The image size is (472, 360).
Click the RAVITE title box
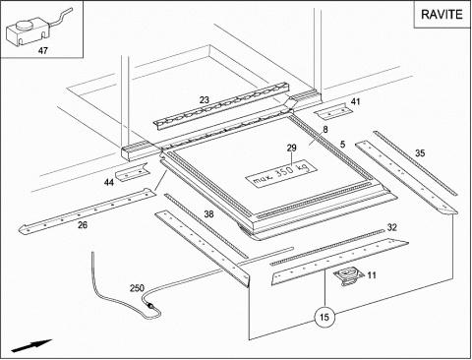tap(442, 15)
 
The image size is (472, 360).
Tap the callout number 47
tap(43, 51)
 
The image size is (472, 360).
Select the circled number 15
tap(324, 317)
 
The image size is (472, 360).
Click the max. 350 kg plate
tap(281, 174)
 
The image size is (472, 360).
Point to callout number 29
tap(291, 148)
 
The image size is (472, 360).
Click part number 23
tap(205, 100)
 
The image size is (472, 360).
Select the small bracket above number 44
tap(132, 172)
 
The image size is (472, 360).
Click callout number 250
tap(137, 288)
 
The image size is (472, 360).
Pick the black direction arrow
tap(31, 346)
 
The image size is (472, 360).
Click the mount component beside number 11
tap(348, 276)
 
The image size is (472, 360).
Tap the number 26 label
tap(83, 225)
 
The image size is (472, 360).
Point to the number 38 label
tap(208, 214)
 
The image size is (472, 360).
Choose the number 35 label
tap(420, 153)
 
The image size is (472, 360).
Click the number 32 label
tap(392, 227)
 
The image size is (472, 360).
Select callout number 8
tap(325, 130)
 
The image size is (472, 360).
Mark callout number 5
tap(342, 145)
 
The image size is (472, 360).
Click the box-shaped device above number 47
tap(28, 32)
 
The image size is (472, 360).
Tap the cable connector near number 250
tap(150, 305)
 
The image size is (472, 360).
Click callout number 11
tap(372, 275)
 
